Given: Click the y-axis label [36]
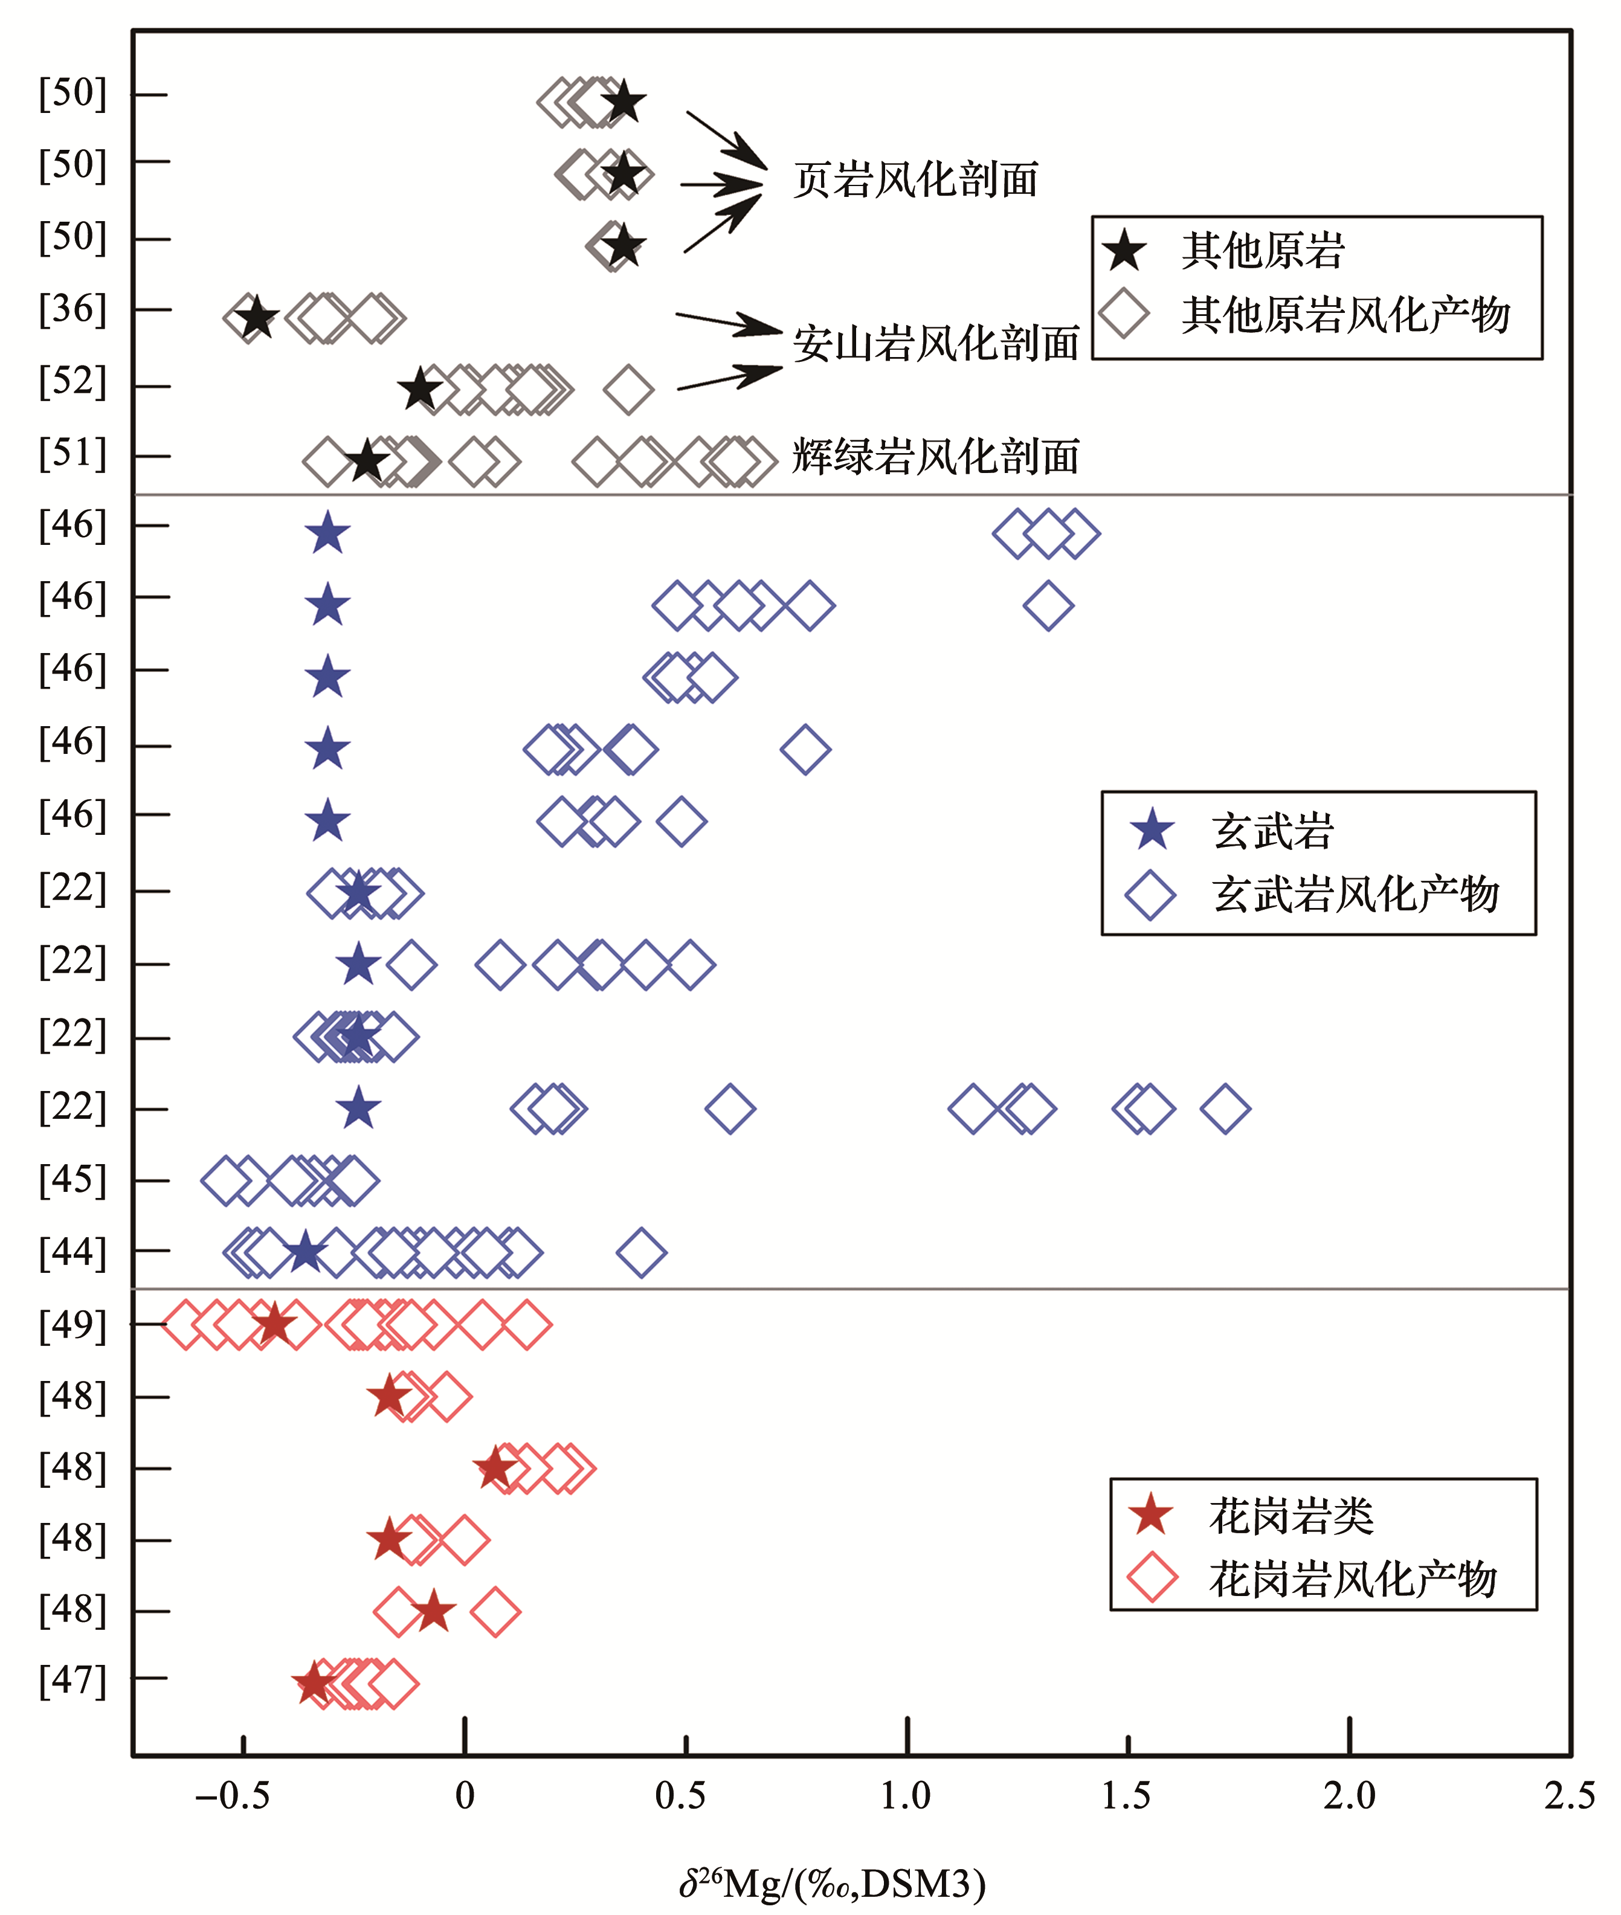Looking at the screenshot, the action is (x=73, y=310).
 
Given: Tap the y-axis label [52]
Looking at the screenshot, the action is (x=73, y=381).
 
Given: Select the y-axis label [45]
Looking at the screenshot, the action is (x=73, y=1180).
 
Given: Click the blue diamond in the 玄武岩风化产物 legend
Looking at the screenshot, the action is (x=1150, y=894).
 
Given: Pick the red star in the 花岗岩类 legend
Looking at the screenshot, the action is (x=1150, y=1515).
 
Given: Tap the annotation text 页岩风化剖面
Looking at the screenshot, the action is (x=915, y=180).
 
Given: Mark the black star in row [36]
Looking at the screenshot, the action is (x=256, y=318).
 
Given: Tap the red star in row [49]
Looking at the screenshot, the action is (x=274, y=1324).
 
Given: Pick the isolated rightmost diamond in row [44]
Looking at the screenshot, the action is (x=642, y=1252).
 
